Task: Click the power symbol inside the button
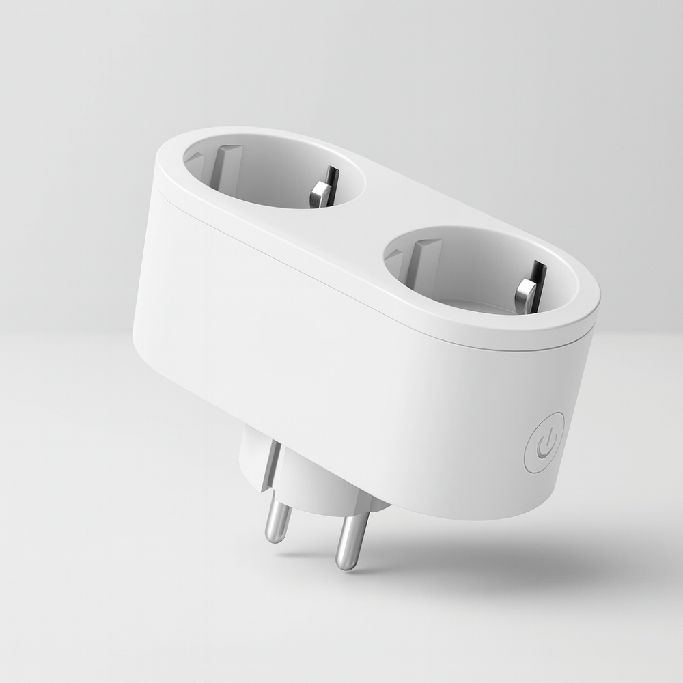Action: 545,443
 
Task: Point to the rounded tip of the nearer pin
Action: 346,563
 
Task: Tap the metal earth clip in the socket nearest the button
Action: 529,286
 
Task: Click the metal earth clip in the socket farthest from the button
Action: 322,188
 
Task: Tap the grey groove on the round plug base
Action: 270,464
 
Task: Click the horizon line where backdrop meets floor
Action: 68,335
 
